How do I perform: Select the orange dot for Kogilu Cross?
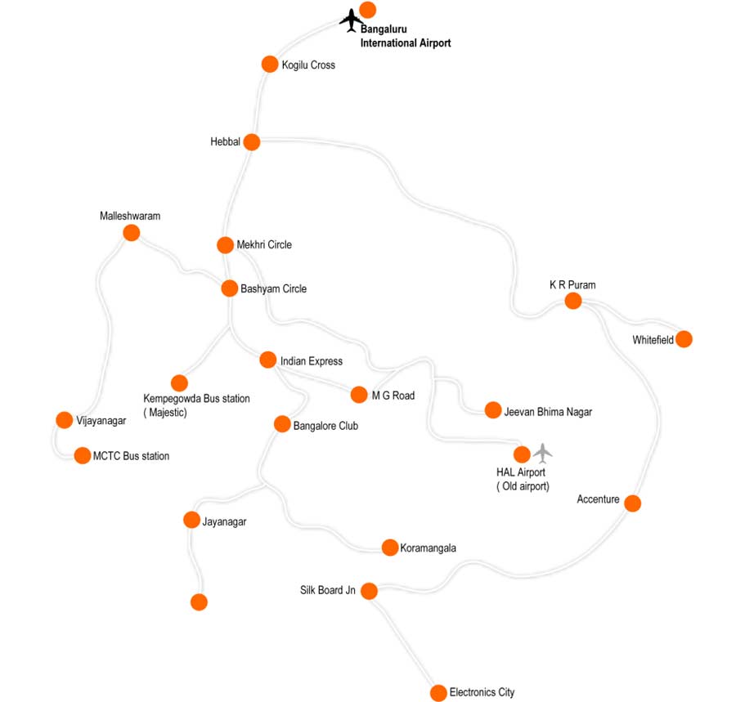pos(270,64)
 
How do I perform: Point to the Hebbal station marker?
pos(251,142)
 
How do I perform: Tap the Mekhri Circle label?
pos(264,244)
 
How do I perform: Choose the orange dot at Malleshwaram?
pos(131,233)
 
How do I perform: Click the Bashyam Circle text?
pos(273,288)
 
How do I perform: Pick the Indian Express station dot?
pos(267,360)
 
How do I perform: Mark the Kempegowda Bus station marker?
pos(179,382)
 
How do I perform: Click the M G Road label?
pos(393,396)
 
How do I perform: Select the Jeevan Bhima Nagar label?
pos(549,412)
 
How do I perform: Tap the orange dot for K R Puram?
pos(573,301)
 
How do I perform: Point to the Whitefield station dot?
pos(684,339)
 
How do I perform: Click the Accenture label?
pos(598,499)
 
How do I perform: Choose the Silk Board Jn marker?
pos(369,590)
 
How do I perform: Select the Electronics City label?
pos(482,692)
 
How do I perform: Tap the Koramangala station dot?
pos(389,548)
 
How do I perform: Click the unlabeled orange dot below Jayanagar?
pos(199,602)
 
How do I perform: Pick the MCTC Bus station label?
pos(131,456)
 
